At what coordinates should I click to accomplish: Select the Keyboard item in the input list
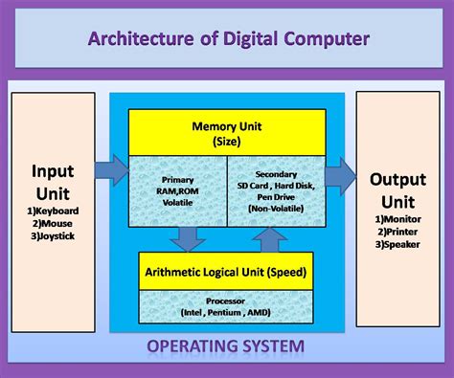(x=54, y=211)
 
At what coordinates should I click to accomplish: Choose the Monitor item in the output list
(x=398, y=218)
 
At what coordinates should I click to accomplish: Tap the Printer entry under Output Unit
(x=397, y=232)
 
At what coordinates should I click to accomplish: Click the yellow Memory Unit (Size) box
(x=226, y=133)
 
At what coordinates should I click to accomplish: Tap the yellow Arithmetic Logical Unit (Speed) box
(x=226, y=272)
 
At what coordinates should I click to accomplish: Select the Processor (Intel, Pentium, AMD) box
(x=226, y=306)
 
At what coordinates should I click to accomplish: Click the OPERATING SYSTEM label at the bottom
(x=226, y=345)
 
